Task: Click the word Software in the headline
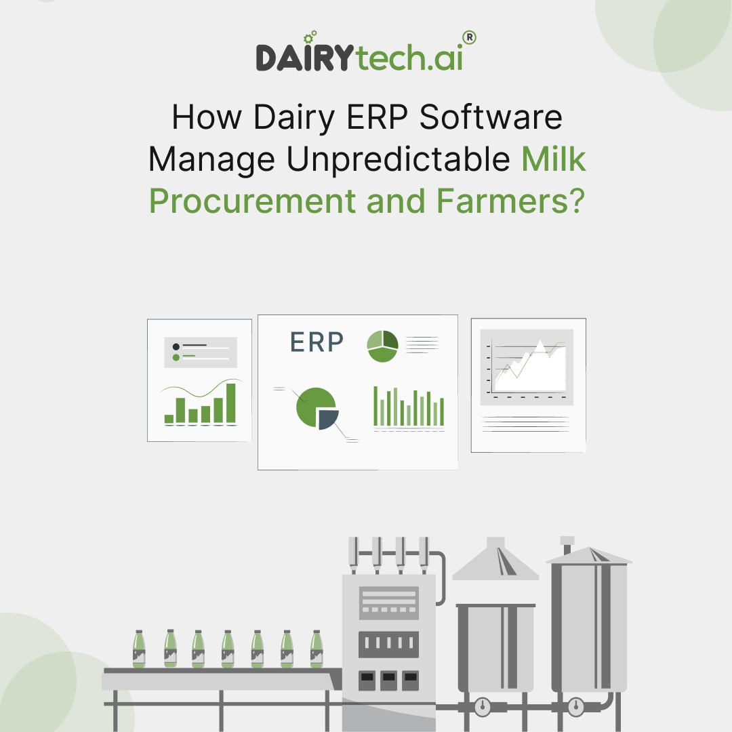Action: (491, 117)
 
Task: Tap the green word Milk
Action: (553, 159)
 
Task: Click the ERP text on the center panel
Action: (317, 342)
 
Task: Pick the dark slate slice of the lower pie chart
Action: (328, 419)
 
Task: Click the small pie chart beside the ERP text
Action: (382, 346)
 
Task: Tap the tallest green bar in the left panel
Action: (231, 403)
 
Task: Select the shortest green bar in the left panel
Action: (169, 419)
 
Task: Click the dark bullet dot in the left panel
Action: (176, 346)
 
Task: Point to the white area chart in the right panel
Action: (535, 369)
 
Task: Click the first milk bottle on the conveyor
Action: (139, 649)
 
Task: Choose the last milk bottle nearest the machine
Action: (317, 649)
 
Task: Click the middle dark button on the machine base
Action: (388, 676)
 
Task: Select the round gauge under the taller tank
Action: (577, 706)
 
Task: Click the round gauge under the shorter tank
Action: (483, 706)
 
